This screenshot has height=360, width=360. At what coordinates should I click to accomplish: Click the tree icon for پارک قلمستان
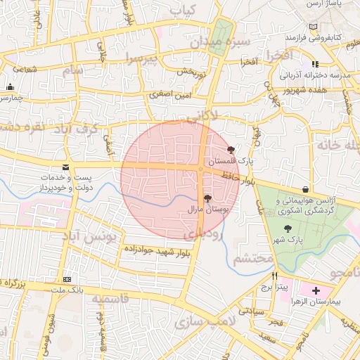[232, 149]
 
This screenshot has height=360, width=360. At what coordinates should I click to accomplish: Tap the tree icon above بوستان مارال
[207, 199]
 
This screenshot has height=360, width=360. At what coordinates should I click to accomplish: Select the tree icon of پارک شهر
[288, 229]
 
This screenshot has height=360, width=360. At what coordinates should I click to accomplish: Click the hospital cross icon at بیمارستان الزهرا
[316, 290]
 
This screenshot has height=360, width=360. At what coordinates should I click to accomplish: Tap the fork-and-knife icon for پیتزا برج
[275, 276]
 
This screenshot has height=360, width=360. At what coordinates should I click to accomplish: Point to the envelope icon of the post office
[66, 167]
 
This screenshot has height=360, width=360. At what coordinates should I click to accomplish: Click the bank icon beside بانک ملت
[67, 279]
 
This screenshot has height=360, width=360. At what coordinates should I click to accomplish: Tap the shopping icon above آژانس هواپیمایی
[305, 189]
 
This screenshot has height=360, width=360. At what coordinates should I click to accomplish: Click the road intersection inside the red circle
[202, 169]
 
